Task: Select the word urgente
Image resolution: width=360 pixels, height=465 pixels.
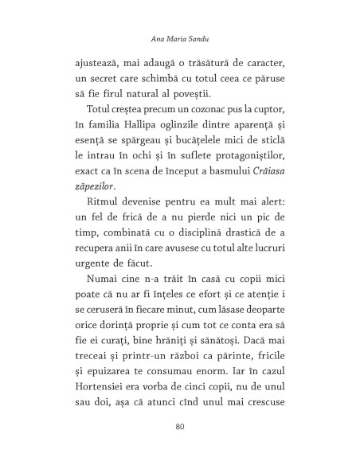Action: [x=93, y=280]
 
